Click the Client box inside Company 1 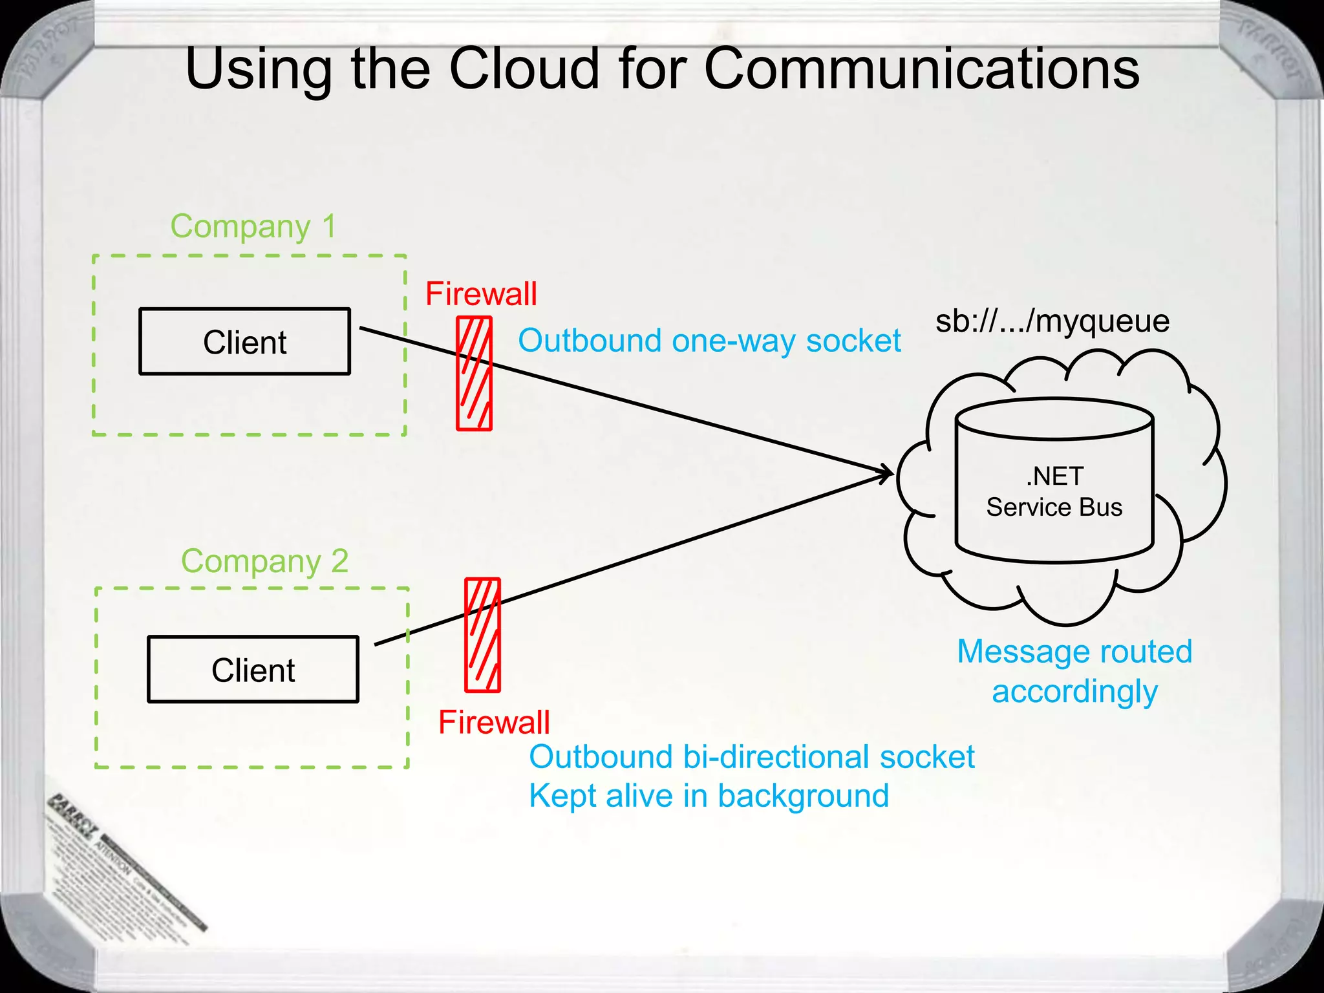tap(244, 341)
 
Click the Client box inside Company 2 tap(253, 669)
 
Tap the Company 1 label tap(253, 226)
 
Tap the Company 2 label tap(264, 561)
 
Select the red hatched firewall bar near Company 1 tap(474, 374)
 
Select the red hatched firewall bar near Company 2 tap(482, 635)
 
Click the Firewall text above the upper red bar tap(481, 294)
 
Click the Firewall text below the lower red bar tap(494, 722)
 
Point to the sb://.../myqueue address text tap(1052, 321)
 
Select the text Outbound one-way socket tap(709, 341)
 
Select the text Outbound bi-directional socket tap(751, 756)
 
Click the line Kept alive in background tap(709, 796)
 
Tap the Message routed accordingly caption tap(1074, 671)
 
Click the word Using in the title tap(258, 70)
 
